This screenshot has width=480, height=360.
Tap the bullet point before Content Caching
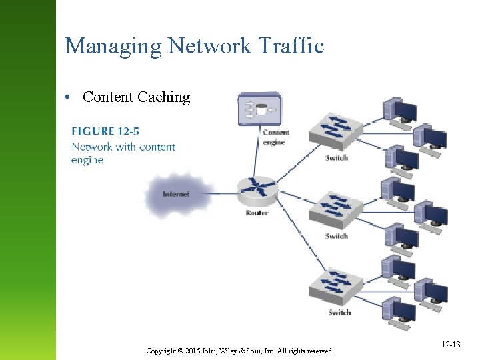(69, 97)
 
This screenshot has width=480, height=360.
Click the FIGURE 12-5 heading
(105, 131)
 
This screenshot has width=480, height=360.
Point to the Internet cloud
(175, 194)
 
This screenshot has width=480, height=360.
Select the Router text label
(257, 213)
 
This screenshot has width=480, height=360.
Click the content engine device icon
(259, 109)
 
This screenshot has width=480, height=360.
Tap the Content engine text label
(275, 137)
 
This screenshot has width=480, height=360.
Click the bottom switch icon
(337, 286)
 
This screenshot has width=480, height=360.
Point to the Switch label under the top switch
(337, 158)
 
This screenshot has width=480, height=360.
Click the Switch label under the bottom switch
(339, 313)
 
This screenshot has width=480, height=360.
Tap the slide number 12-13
(451, 344)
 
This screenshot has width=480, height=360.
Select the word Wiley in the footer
(233, 351)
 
